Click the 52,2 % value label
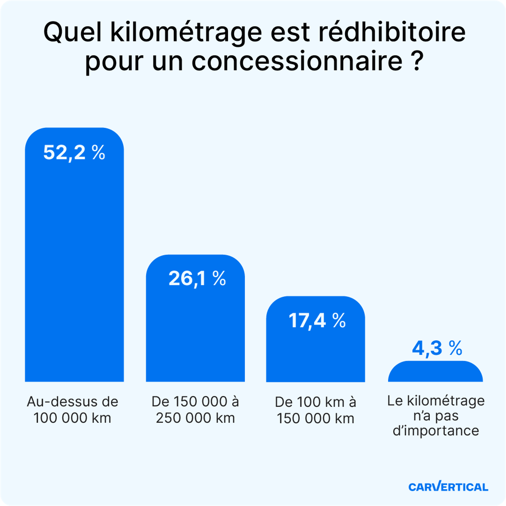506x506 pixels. [x=74, y=153]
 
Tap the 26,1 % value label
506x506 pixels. [x=197, y=278]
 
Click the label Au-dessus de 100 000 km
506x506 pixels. [x=73, y=410]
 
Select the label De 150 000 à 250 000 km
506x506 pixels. [x=195, y=410]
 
